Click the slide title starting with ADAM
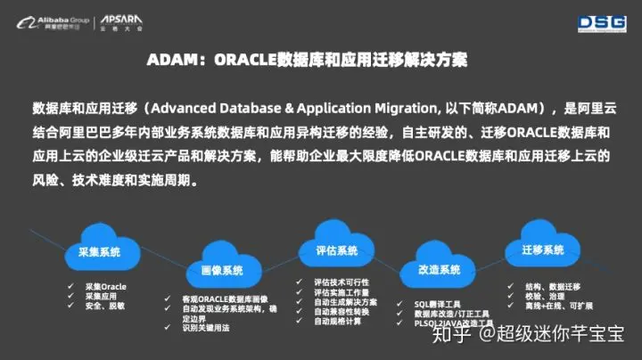[x=307, y=60]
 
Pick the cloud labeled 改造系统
[x=439, y=269]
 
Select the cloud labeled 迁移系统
[x=542, y=250]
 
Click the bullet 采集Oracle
[x=105, y=286]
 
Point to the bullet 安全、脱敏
[x=104, y=306]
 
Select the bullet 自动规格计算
[x=337, y=322]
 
